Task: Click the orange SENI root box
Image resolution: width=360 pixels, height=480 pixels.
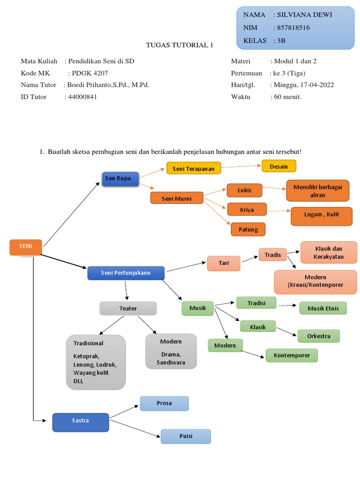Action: point(26,247)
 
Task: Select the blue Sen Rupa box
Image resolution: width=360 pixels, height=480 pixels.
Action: point(120,179)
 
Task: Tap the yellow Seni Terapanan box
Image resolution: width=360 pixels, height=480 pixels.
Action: point(194,168)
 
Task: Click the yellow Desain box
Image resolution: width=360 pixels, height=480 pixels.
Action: point(278,166)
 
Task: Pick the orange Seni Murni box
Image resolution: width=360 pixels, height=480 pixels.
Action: point(177,198)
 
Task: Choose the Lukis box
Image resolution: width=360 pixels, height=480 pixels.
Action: point(244,190)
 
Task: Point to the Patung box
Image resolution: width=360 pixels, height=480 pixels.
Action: point(248,229)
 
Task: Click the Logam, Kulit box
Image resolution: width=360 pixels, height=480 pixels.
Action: point(321,216)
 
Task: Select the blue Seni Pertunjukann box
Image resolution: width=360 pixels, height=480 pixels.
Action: point(126,273)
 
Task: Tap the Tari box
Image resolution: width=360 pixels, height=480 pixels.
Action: point(224,263)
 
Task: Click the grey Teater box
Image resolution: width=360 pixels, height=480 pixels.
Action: point(128,308)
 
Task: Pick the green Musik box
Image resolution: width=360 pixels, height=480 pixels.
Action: point(197,308)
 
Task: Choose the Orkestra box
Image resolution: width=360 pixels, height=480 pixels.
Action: point(318,336)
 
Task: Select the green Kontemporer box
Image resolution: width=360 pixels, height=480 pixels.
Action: point(292,355)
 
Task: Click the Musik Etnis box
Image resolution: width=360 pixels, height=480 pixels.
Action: point(323,308)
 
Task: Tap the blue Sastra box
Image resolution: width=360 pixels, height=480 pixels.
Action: point(81,421)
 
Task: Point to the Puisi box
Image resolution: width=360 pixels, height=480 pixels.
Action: point(186,436)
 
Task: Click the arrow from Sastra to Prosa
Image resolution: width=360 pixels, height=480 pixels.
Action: point(124,411)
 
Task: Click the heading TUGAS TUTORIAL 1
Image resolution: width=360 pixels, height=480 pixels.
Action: point(180,45)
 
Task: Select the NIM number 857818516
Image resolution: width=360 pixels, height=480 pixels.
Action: point(293,28)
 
